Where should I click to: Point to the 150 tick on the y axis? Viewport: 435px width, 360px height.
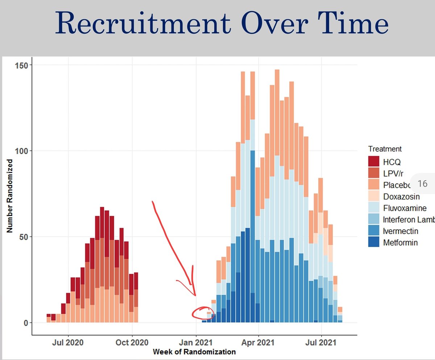pos(23,65)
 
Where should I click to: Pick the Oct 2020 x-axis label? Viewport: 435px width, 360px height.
pos(132,343)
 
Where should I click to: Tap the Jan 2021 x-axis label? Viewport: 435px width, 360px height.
pos(196,343)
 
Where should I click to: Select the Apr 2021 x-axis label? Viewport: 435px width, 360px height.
pos(258,343)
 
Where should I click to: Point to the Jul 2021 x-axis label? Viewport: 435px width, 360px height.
pos(322,343)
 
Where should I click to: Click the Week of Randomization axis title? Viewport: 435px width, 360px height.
pos(194,352)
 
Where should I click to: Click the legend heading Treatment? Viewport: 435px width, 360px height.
pos(385,149)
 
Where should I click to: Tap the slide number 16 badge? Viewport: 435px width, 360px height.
pos(422,184)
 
